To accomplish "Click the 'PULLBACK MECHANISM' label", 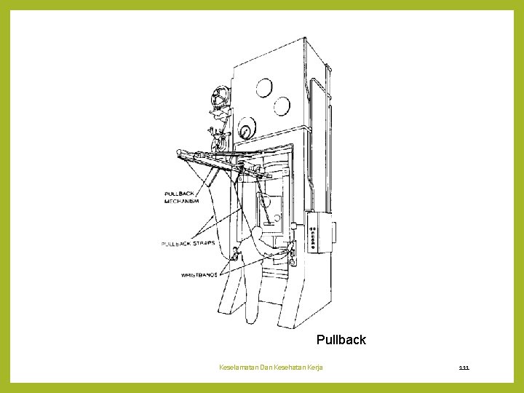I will (182, 197).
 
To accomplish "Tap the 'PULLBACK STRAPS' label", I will (188, 243).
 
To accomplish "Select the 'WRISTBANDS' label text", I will (199, 275).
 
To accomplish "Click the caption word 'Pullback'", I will (341, 340).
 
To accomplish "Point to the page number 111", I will (464, 368).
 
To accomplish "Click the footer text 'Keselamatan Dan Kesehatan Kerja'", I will (271, 368).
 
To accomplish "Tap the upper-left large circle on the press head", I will (264, 88).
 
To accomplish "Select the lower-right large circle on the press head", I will (282, 107).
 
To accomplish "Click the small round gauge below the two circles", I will (246, 132).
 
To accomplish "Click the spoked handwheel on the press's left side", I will (219, 97).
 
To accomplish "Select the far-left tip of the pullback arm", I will (179, 153).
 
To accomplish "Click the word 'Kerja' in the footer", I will (315, 368).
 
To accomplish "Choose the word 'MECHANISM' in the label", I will (182, 201).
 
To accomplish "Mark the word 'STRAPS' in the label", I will (202, 243).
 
